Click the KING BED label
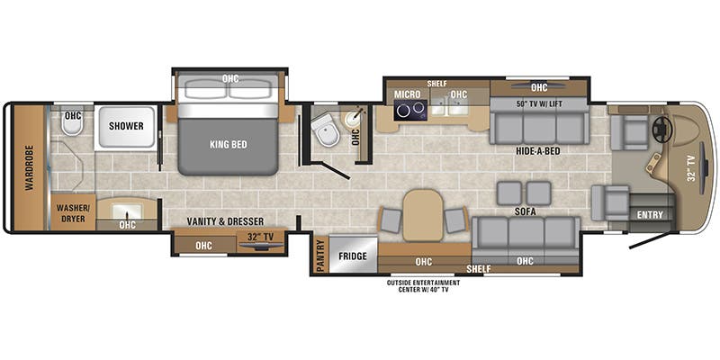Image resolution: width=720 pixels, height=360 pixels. pos(229,145)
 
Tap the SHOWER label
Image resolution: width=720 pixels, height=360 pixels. pos(126,126)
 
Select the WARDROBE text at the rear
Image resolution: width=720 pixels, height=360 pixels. pos(30,167)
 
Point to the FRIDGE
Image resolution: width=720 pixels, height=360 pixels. pos(353,256)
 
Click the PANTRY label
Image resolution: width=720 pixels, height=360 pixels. pos(320,256)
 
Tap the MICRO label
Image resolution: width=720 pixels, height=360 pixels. pos(408,94)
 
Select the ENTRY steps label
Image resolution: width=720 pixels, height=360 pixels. pos(650,214)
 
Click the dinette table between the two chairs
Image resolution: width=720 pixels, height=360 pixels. pos(423,215)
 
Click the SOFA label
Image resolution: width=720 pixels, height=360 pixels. pos(526,211)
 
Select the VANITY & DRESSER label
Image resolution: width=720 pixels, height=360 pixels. pos(226,221)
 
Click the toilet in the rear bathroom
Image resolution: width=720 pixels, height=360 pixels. pos(72,123)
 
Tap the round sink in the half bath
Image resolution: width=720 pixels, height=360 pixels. pos(354,120)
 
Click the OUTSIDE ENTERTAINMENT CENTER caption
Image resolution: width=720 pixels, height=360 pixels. pos(423,285)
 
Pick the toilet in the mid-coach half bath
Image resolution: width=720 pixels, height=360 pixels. pos(327,130)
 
